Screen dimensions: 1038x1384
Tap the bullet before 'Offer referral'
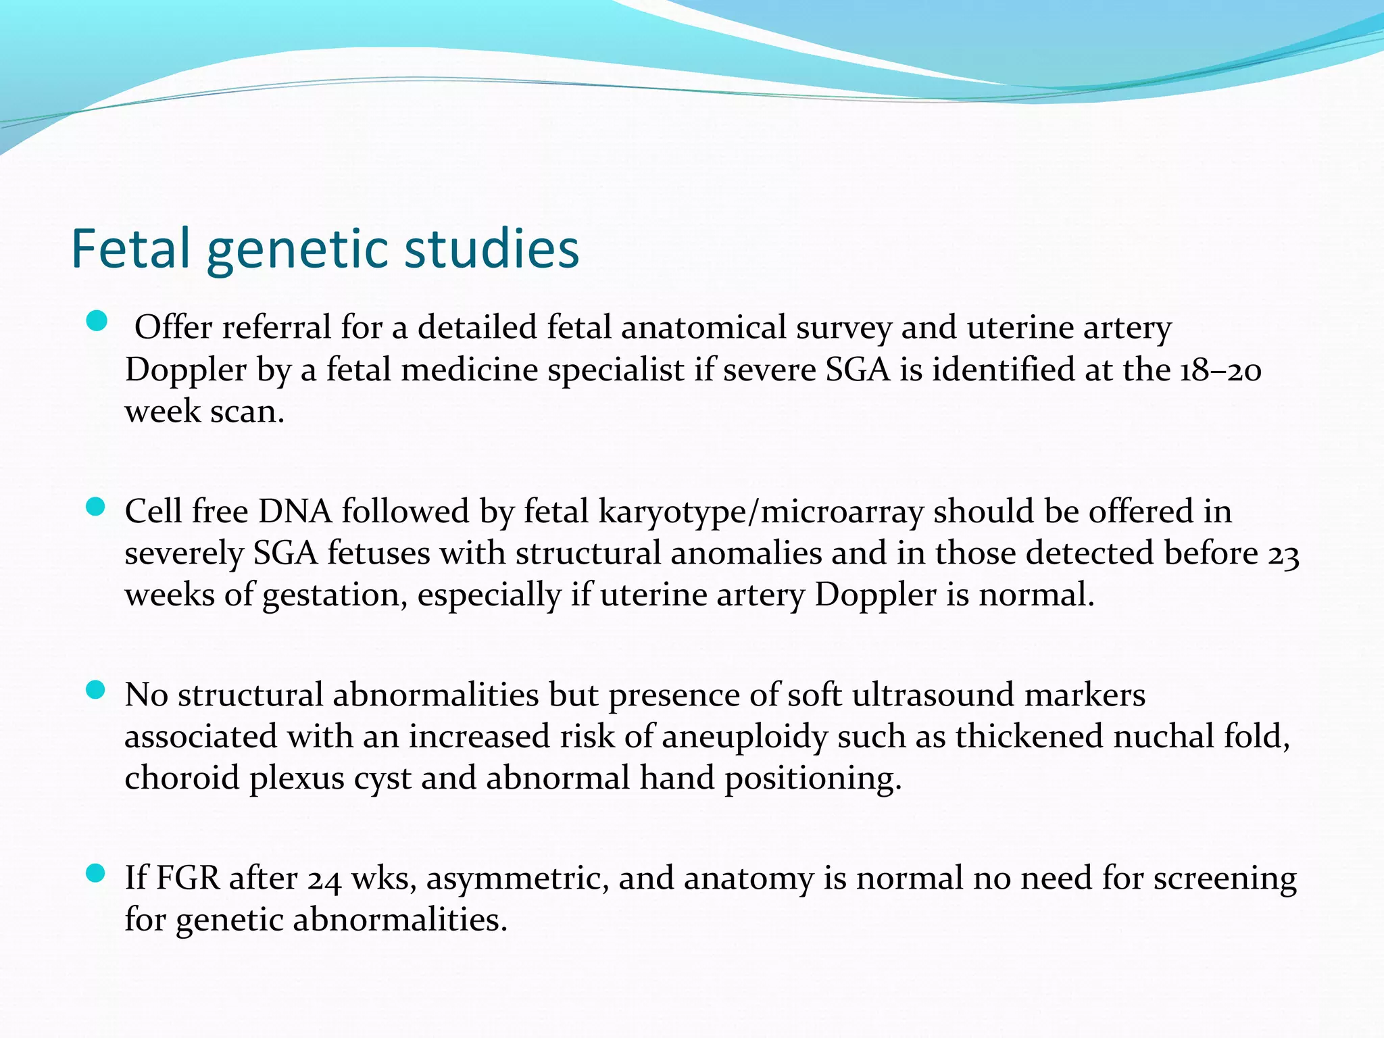pos(97,322)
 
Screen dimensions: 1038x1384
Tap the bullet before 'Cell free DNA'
pos(97,507)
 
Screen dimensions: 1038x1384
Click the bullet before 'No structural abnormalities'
pos(97,690)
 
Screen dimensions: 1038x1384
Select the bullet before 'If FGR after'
pos(97,874)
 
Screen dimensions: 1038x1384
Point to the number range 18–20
pos(1220,370)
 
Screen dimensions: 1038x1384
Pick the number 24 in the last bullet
pos(324,880)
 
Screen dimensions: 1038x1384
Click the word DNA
pos(295,511)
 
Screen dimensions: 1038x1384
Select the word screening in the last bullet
pos(1225,880)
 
